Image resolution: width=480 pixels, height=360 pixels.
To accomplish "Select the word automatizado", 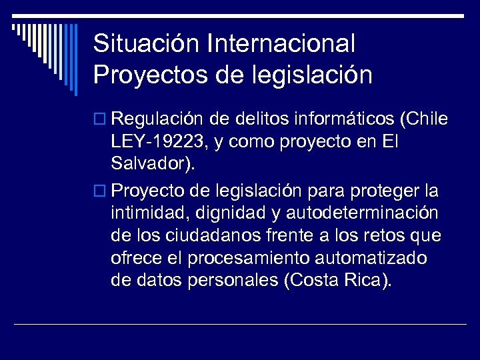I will pos(378,258).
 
